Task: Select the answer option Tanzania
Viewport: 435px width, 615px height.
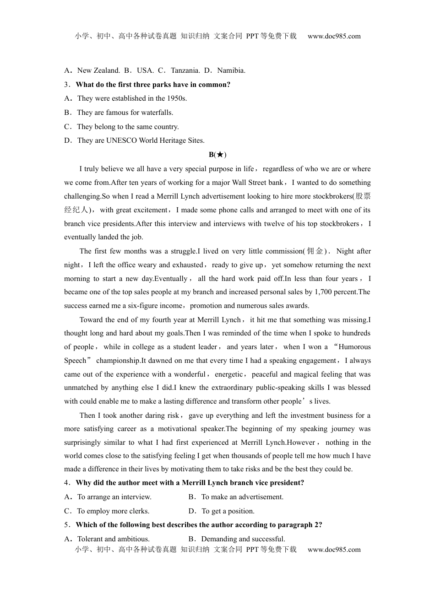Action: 185,70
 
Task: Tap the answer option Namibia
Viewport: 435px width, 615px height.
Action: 231,70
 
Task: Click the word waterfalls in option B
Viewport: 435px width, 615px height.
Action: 158,113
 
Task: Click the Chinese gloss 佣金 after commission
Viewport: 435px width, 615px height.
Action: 315,251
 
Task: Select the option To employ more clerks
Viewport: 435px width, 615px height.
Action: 113,511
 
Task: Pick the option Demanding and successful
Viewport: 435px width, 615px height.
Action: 243,539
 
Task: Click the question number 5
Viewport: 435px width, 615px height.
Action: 66,525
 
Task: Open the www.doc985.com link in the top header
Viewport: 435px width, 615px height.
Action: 334,36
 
